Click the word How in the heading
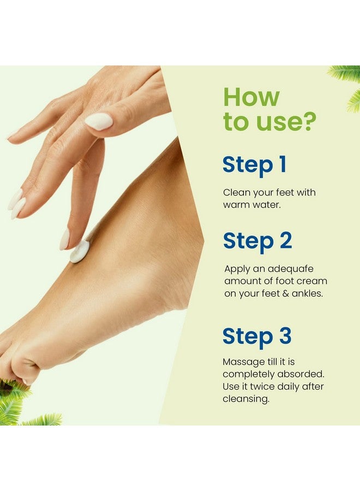tap(251, 98)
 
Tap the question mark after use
tap(308, 122)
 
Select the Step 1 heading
tap(254, 165)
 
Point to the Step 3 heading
tap(257, 337)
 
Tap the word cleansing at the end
tap(245, 399)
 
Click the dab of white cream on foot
tap(80, 251)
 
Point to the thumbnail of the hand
tap(99, 122)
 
